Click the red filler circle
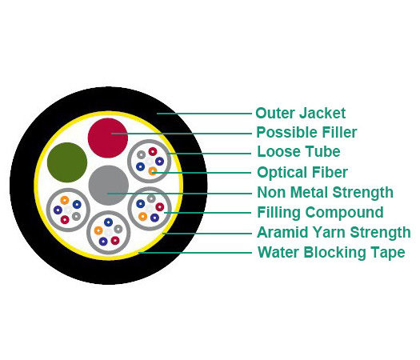tap(108, 138)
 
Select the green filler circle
tap(67, 162)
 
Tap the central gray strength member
tap(109, 186)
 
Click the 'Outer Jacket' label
tap(300, 113)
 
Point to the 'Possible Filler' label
tap(306, 132)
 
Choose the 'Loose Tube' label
tap(298, 152)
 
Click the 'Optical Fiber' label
tap(302, 172)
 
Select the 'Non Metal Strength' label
tap(325, 192)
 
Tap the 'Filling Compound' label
tap(320, 213)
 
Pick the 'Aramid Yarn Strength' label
tap(334, 232)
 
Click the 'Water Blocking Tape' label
tap(331, 252)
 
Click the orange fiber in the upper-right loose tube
tap(153, 170)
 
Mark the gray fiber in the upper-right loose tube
tap(141, 154)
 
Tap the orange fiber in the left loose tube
tap(65, 200)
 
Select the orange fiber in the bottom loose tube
tap(98, 230)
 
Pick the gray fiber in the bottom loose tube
tap(118, 229)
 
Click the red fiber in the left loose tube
tap(65, 220)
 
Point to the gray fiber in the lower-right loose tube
tap(151, 198)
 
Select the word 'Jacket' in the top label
tap(322, 113)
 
